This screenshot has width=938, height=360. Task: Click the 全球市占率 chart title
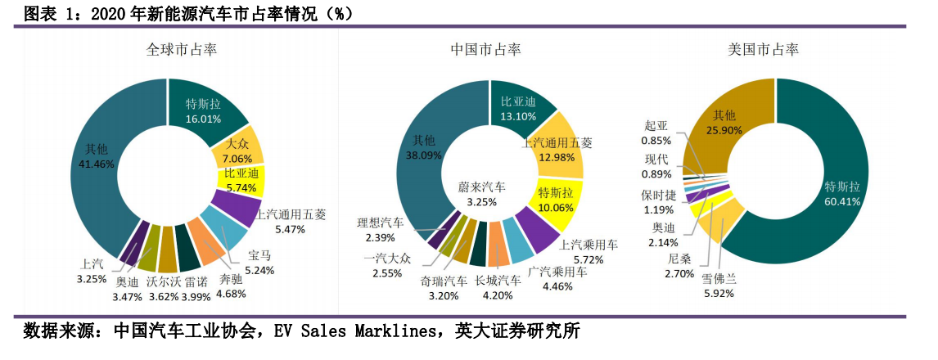181,50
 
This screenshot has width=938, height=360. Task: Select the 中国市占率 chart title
485,50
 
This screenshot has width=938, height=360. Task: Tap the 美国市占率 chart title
764,50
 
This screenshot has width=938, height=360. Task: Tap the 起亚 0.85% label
656,133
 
